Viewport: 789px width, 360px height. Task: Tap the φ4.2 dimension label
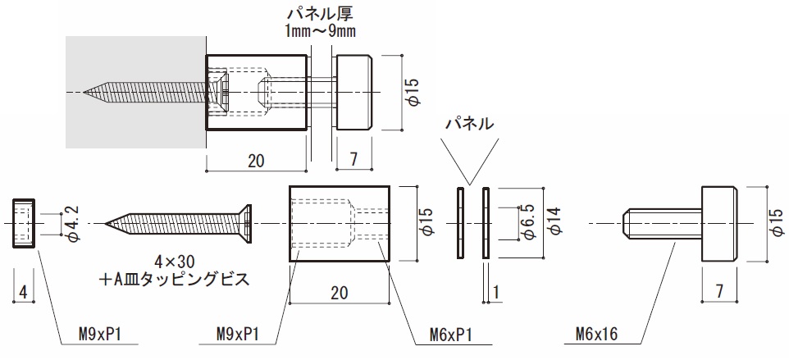(x=71, y=222)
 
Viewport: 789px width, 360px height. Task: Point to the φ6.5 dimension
(x=527, y=222)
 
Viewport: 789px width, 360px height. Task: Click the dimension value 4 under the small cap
(x=24, y=292)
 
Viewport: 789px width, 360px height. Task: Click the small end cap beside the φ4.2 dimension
(x=24, y=223)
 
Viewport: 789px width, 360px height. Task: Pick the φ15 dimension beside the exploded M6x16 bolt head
(x=776, y=222)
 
